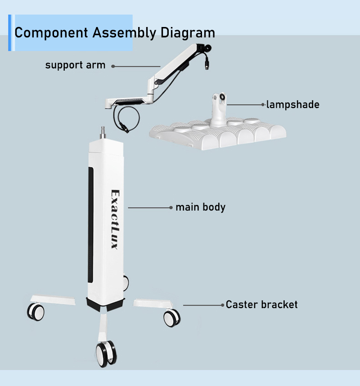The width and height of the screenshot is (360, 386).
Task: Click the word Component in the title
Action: [x=51, y=33]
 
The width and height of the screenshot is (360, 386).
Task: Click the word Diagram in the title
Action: [x=188, y=33]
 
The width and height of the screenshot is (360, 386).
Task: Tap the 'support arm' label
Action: [x=75, y=65]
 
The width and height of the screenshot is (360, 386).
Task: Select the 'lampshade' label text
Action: [x=293, y=105]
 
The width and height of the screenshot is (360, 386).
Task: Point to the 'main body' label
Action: [x=200, y=207]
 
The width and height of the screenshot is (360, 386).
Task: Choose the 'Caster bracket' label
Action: [x=261, y=305]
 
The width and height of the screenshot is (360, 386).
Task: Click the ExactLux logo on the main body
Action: [x=115, y=220]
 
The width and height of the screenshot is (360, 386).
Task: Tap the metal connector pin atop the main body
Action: [x=103, y=133]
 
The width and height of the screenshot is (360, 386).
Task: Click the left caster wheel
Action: [x=36, y=312]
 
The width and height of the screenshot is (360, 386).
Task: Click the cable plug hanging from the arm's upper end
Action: [x=207, y=66]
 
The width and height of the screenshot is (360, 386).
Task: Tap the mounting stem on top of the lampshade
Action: [x=218, y=109]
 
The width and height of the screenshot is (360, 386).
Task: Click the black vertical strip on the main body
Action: [x=90, y=225]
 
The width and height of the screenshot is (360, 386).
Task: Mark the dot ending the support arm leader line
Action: [x=113, y=66]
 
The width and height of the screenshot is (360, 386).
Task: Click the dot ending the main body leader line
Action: [x=171, y=207]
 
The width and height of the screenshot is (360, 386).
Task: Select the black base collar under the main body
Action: [x=105, y=304]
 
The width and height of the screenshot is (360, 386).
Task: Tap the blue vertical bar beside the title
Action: [x=9, y=33]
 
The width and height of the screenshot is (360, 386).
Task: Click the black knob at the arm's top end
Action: [x=208, y=47]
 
